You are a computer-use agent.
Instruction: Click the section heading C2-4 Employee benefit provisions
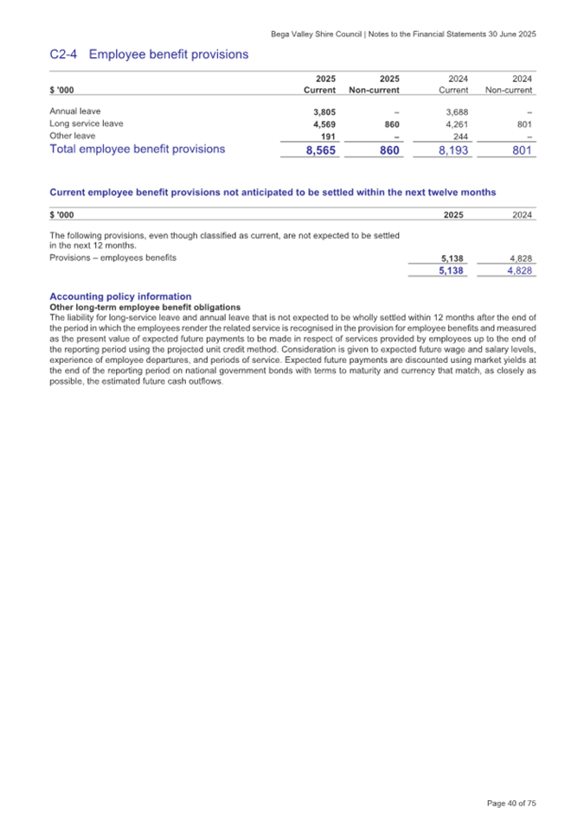point(149,54)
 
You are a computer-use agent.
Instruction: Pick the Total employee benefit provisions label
point(138,149)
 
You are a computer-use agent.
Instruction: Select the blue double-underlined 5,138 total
point(451,270)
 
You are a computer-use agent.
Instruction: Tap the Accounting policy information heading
point(120,296)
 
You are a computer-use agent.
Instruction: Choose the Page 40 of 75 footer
point(512,803)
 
